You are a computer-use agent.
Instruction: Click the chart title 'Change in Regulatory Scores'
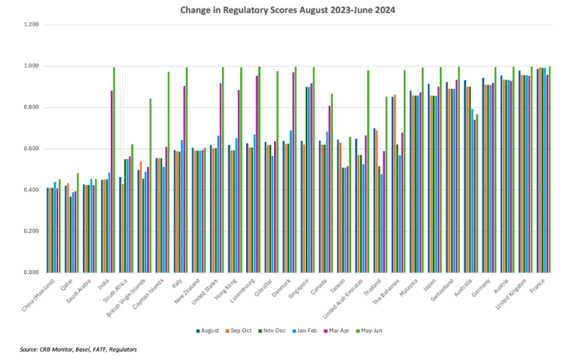click(289, 11)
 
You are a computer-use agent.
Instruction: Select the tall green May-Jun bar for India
click(114, 170)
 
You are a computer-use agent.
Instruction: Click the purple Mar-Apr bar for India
click(111, 181)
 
